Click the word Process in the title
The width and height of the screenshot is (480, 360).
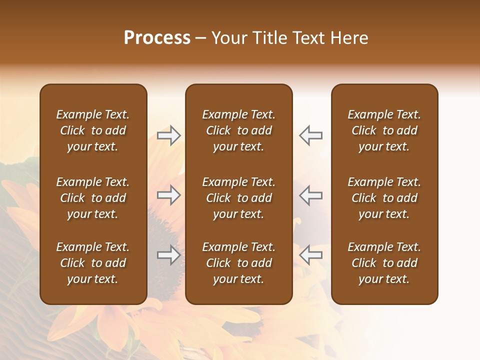[x=157, y=38]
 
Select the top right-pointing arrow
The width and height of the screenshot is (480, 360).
[x=169, y=135]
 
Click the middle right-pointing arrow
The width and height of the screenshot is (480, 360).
[x=169, y=195]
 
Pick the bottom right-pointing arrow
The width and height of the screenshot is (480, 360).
[x=169, y=255]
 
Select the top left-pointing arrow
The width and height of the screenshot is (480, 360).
[x=310, y=135]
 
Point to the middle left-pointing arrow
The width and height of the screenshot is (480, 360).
[x=310, y=195]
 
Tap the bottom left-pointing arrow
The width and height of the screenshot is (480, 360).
[x=310, y=255]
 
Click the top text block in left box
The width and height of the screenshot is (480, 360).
[x=93, y=130]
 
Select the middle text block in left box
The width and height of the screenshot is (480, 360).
[x=93, y=198]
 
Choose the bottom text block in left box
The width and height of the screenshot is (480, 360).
[x=93, y=263]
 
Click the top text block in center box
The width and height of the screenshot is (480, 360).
[x=238, y=130]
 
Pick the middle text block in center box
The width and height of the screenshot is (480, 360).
[x=238, y=198]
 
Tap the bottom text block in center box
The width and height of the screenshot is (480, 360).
[x=238, y=263]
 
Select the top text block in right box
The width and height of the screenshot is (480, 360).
[x=384, y=130]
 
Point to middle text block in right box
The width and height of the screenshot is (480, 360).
[x=384, y=198]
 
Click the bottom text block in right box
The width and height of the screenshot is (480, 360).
[x=384, y=263]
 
